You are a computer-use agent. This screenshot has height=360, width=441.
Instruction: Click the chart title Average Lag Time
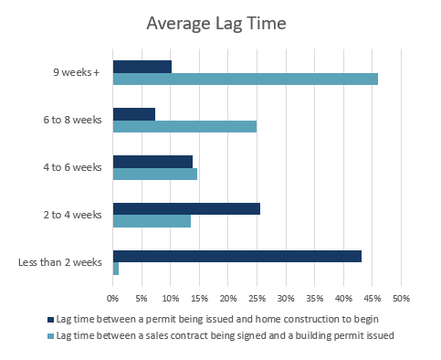pyautogui.click(x=220, y=22)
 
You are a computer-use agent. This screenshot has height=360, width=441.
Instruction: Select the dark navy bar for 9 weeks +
pyautogui.click(x=142, y=66)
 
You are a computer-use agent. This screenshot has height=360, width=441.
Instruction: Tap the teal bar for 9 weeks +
pyautogui.click(x=245, y=79)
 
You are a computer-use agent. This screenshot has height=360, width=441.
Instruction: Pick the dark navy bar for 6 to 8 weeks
pyautogui.click(x=133, y=113)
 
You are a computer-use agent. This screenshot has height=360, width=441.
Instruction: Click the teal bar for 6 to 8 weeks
pyautogui.click(x=184, y=126)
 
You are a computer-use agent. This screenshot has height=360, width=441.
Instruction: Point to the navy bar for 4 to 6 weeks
pyautogui.click(x=152, y=161)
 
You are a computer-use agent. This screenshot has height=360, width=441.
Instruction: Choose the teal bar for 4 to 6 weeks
pyautogui.click(x=154, y=174)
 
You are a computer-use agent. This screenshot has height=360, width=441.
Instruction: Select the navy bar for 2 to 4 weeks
pyautogui.click(x=186, y=208)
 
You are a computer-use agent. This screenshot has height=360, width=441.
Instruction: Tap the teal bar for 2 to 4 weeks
pyautogui.click(x=152, y=221)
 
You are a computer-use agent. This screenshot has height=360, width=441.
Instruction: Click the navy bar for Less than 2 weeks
pyautogui.click(x=236, y=256)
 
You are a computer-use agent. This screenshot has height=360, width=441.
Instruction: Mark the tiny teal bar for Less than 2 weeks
pyautogui.click(x=115, y=269)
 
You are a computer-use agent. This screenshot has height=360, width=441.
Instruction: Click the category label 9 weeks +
pyautogui.click(x=77, y=72)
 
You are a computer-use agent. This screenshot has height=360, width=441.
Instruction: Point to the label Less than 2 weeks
pyautogui.click(x=59, y=263)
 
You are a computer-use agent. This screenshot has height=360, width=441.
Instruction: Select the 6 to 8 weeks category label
pyautogui.click(x=72, y=120)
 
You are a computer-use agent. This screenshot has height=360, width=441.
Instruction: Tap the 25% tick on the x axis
pyautogui.click(x=257, y=298)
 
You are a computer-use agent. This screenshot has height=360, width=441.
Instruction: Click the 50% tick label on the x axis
pyautogui.click(x=401, y=298)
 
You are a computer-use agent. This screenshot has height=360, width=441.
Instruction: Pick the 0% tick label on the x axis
pyautogui.click(x=112, y=298)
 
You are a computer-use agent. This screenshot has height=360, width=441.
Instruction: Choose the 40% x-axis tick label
pyautogui.click(x=343, y=298)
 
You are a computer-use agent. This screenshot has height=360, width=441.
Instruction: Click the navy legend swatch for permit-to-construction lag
pyautogui.click(x=50, y=321)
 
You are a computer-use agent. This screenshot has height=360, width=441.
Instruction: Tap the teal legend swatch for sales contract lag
pyautogui.click(x=50, y=335)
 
